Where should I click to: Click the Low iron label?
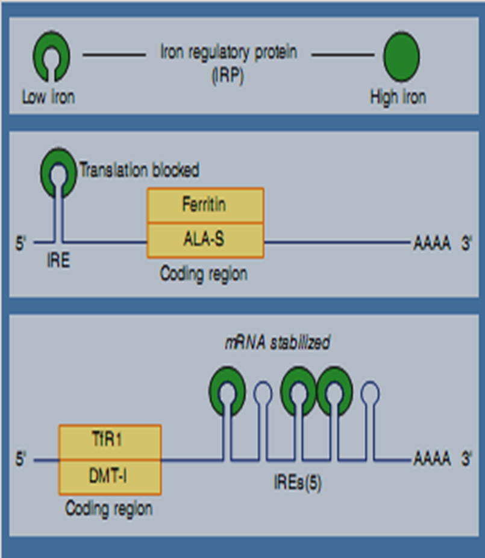pyautogui.click(x=48, y=96)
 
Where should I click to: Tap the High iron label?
pyautogui.click(x=398, y=96)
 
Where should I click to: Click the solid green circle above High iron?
pyautogui.click(x=401, y=56)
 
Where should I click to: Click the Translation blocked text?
pyautogui.click(x=139, y=171)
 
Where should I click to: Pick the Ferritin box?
pyautogui.click(x=205, y=205)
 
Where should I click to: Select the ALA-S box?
pyautogui.click(x=205, y=239)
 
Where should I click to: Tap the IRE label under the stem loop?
pyautogui.click(x=58, y=262)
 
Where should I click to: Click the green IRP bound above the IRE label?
pyautogui.click(x=58, y=173)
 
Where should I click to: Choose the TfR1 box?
pyautogui.click(x=110, y=441)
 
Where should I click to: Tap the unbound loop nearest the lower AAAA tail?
pyautogui.click(x=369, y=392)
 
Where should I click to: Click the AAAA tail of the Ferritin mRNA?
pyautogui.click(x=431, y=244)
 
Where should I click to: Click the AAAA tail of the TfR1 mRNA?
pyautogui.click(x=431, y=460)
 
